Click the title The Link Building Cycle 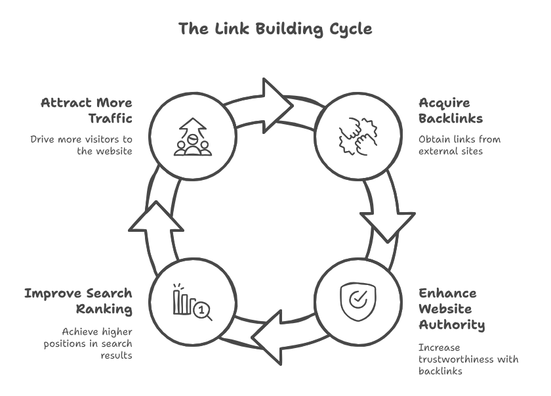(x=275, y=29)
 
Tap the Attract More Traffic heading (x=86, y=110)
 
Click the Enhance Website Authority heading (x=451, y=309)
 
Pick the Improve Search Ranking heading (x=78, y=301)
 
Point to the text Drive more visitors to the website (x=81, y=144)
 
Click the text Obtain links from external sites (x=459, y=144)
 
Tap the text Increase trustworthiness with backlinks (x=468, y=359)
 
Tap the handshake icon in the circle (x=358, y=135)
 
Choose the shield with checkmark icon (x=358, y=301)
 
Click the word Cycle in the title (x=351, y=29)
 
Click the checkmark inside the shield (x=358, y=300)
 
